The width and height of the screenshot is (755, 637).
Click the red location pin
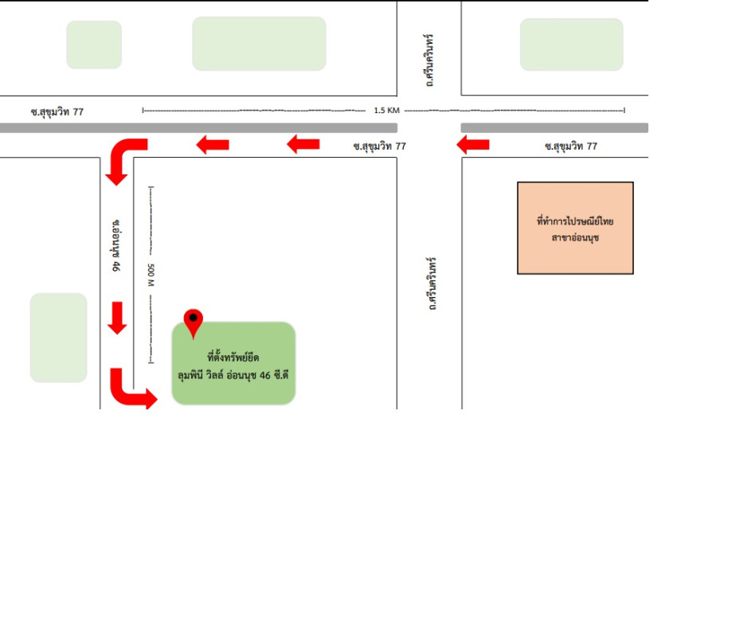click(x=193, y=322)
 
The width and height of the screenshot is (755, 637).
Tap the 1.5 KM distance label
click(x=386, y=110)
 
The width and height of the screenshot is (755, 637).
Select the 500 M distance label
click(x=151, y=275)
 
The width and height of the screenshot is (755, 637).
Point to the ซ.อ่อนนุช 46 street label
click(x=116, y=245)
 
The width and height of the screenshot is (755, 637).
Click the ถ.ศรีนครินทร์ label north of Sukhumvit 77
click(x=429, y=61)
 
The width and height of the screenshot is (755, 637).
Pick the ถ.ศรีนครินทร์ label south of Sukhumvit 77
click(x=432, y=283)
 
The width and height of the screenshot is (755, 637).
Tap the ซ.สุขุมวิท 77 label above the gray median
click(x=57, y=111)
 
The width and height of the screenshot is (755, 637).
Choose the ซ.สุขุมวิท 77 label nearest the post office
click(x=571, y=146)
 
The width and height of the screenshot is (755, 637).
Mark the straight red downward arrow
click(x=117, y=318)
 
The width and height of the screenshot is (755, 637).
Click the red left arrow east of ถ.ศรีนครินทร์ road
click(x=473, y=144)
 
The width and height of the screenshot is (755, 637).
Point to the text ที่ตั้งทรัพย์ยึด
click(x=233, y=358)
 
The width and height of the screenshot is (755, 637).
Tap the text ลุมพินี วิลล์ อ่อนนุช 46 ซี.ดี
click(x=233, y=375)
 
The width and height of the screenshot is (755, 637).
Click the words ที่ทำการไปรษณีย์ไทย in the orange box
click(x=575, y=221)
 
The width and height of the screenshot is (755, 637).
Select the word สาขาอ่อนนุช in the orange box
click(x=575, y=237)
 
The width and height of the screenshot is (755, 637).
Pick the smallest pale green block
click(x=94, y=45)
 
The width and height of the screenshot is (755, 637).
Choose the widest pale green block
click(x=259, y=44)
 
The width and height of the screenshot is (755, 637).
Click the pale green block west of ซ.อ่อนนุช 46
click(x=58, y=338)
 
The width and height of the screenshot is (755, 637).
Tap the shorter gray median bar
click(x=554, y=127)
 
